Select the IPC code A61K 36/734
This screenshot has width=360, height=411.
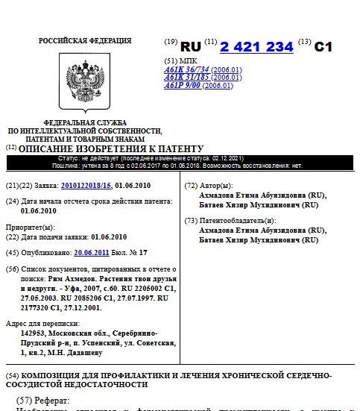pos(186,69)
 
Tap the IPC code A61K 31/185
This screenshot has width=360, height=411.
pos(186,78)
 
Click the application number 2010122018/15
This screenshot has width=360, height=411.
pos(86,184)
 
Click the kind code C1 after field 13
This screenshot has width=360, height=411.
pos(323,46)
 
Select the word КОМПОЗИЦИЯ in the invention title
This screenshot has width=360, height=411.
pos(54,374)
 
